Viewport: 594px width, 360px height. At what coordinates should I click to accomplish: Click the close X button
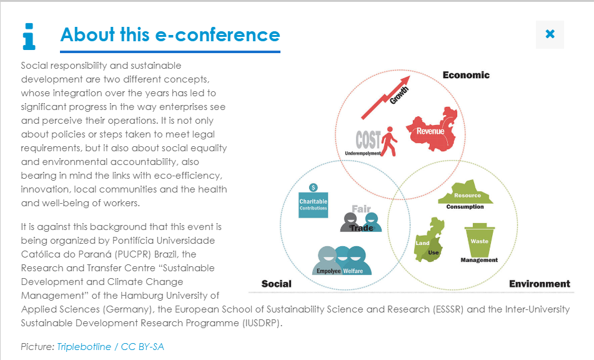click(x=550, y=34)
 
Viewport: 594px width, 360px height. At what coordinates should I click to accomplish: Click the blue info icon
click(x=29, y=37)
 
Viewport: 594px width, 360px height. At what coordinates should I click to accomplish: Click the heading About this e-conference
click(x=170, y=35)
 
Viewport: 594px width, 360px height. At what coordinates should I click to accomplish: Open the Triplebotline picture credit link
click(x=84, y=347)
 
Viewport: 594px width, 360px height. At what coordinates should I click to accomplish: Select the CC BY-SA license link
click(x=142, y=347)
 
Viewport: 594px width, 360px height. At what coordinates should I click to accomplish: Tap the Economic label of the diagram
click(x=466, y=75)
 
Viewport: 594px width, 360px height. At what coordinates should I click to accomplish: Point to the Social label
click(x=277, y=284)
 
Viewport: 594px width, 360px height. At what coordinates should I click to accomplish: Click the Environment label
click(x=540, y=284)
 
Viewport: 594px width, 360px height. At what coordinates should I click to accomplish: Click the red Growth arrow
click(x=385, y=97)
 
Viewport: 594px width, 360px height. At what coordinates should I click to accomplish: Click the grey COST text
click(x=368, y=140)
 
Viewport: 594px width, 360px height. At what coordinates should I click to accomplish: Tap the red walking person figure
click(x=389, y=141)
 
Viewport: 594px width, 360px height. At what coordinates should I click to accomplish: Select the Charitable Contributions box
click(x=314, y=204)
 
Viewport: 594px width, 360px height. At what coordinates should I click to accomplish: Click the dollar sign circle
click(x=314, y=187)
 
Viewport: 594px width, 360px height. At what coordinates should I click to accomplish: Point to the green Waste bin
click(x=479, y=241)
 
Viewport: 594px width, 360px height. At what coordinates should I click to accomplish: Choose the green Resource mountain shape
click(x=465, y=192)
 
